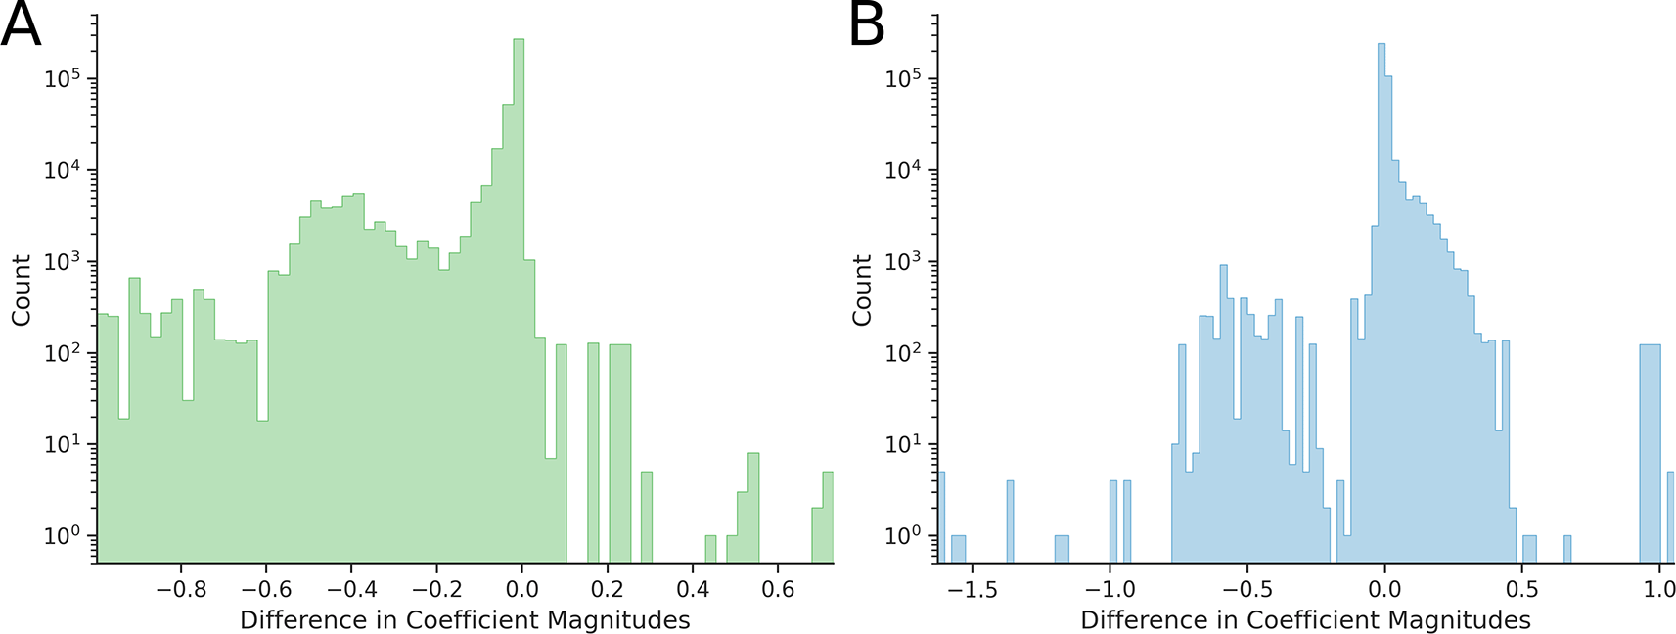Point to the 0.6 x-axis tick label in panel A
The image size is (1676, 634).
(x=778, y=589)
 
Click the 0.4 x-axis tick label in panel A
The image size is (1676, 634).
(x=693, y=589)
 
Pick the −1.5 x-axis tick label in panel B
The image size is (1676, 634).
(x=974, y=589)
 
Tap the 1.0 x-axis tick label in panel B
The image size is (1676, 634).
(x=1659, y=589)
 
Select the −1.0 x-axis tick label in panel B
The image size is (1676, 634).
(x=1110, y=589)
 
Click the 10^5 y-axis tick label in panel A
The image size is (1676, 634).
(x=64, y=79)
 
